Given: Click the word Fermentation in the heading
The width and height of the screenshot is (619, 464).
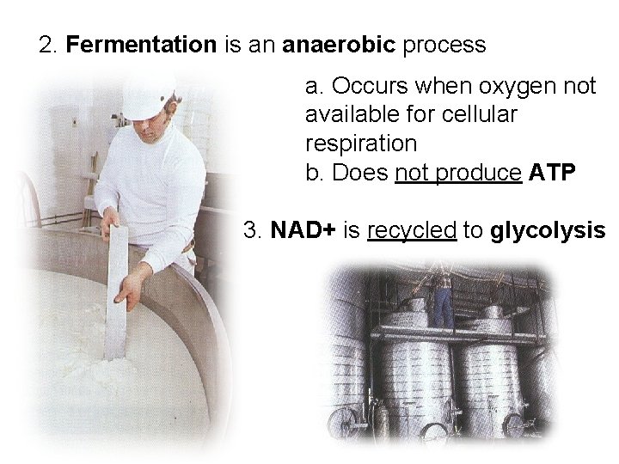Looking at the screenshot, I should pos(141,45).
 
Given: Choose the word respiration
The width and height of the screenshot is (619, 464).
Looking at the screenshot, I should pos(360,143).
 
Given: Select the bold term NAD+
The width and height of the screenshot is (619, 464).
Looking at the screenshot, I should pos(300,230).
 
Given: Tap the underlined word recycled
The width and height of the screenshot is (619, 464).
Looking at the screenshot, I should pos(411,230).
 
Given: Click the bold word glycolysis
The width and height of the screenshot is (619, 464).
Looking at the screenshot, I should pos(548,230).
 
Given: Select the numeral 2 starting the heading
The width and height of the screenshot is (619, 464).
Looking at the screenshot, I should pos(46,45).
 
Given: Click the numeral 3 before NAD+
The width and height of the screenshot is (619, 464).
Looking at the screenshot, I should pos(250,230).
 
